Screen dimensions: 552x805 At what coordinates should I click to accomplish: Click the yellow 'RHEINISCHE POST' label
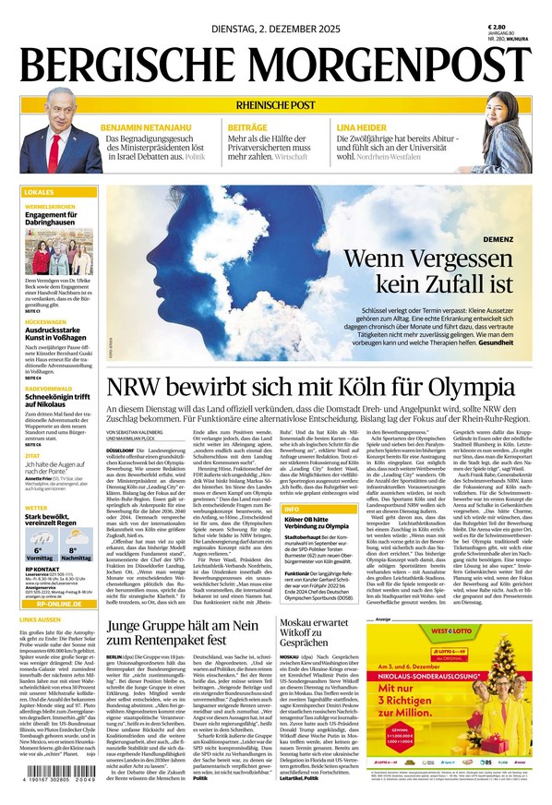coord(276,103)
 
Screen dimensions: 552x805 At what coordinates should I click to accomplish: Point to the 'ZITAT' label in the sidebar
coord(32,455)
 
